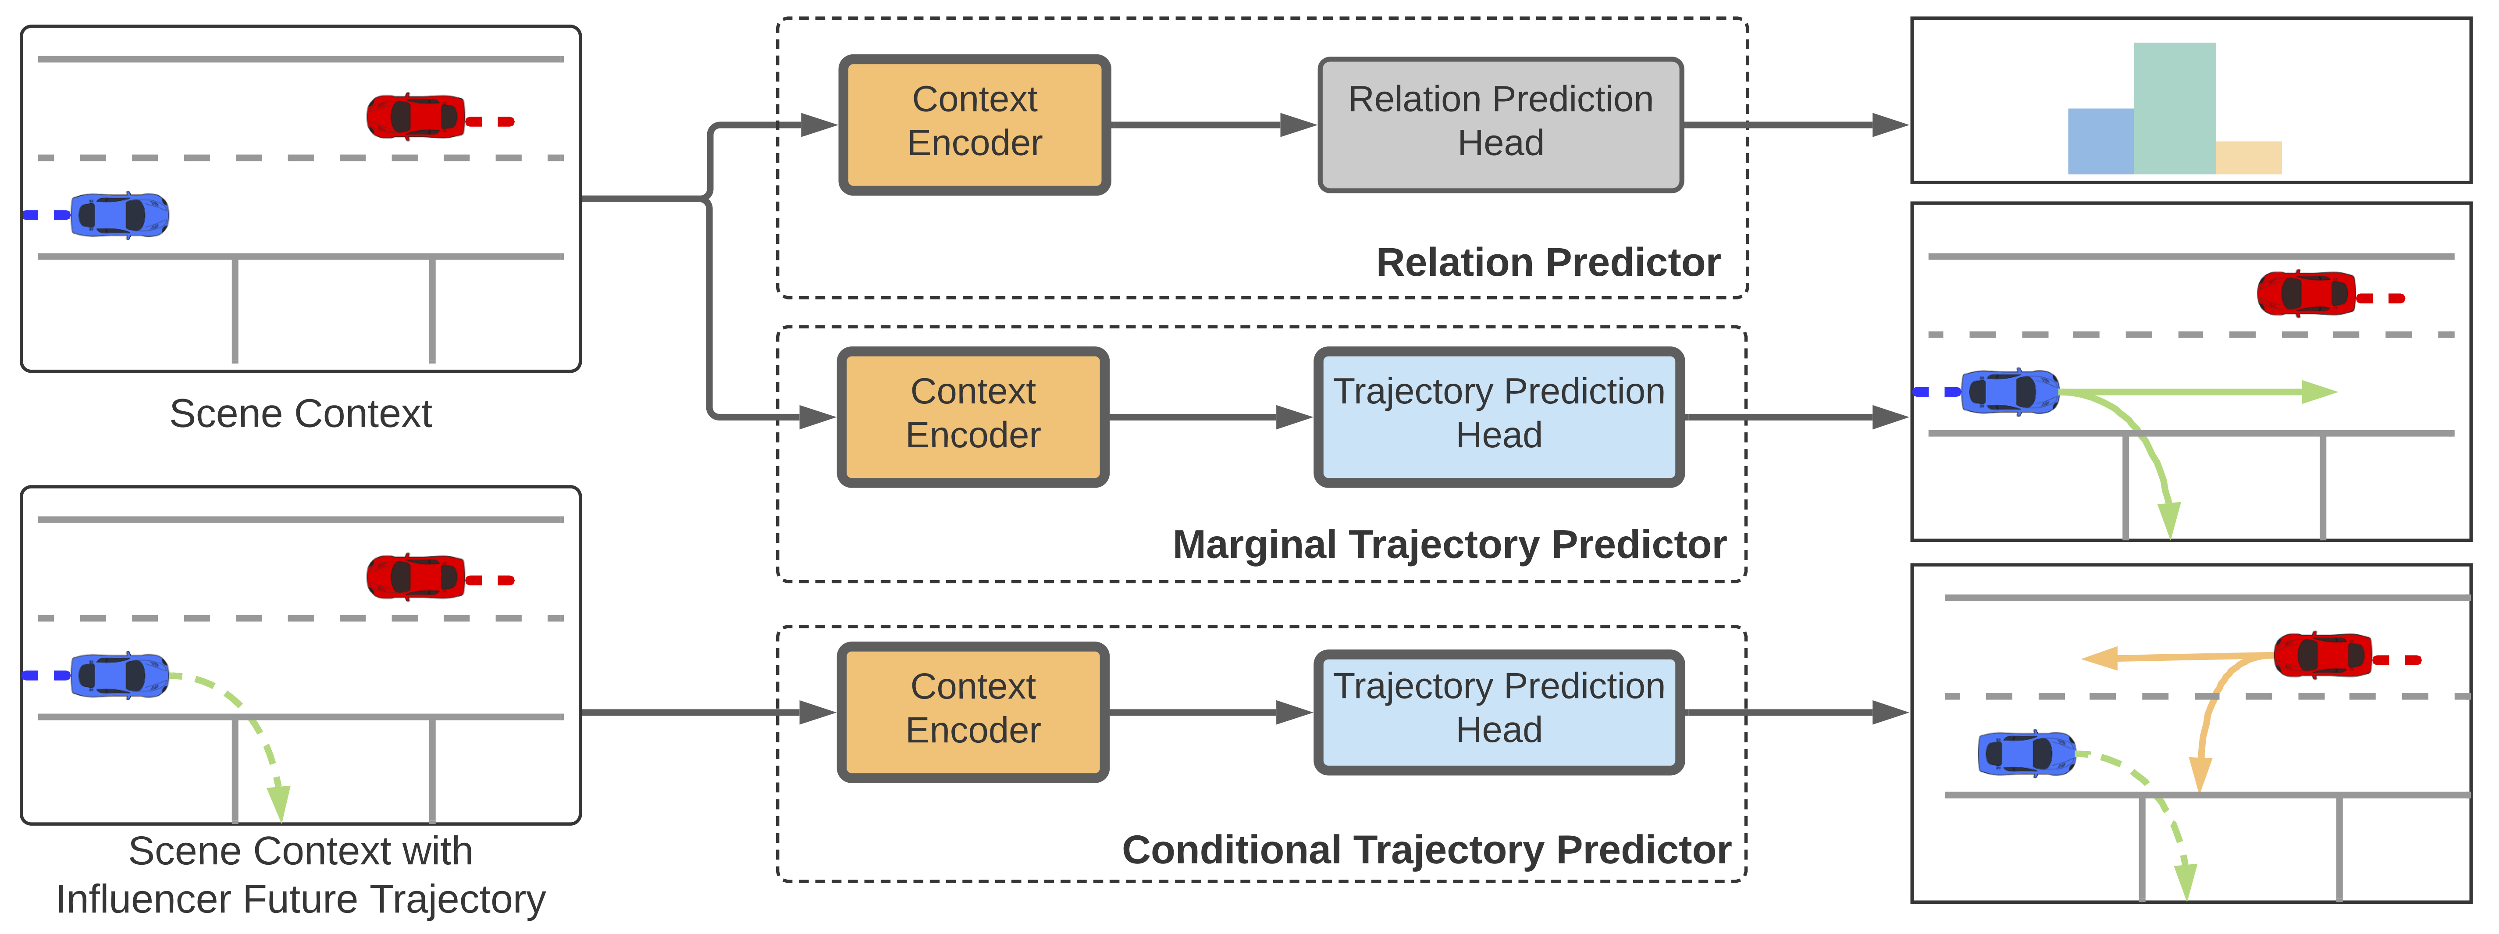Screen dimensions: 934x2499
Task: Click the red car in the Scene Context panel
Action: point(415,116)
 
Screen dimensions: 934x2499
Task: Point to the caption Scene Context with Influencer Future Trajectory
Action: point(301,875)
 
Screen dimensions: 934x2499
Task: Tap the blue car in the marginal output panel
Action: point(2009,392)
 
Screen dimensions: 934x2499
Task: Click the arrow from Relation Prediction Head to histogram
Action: point(1795,124)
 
